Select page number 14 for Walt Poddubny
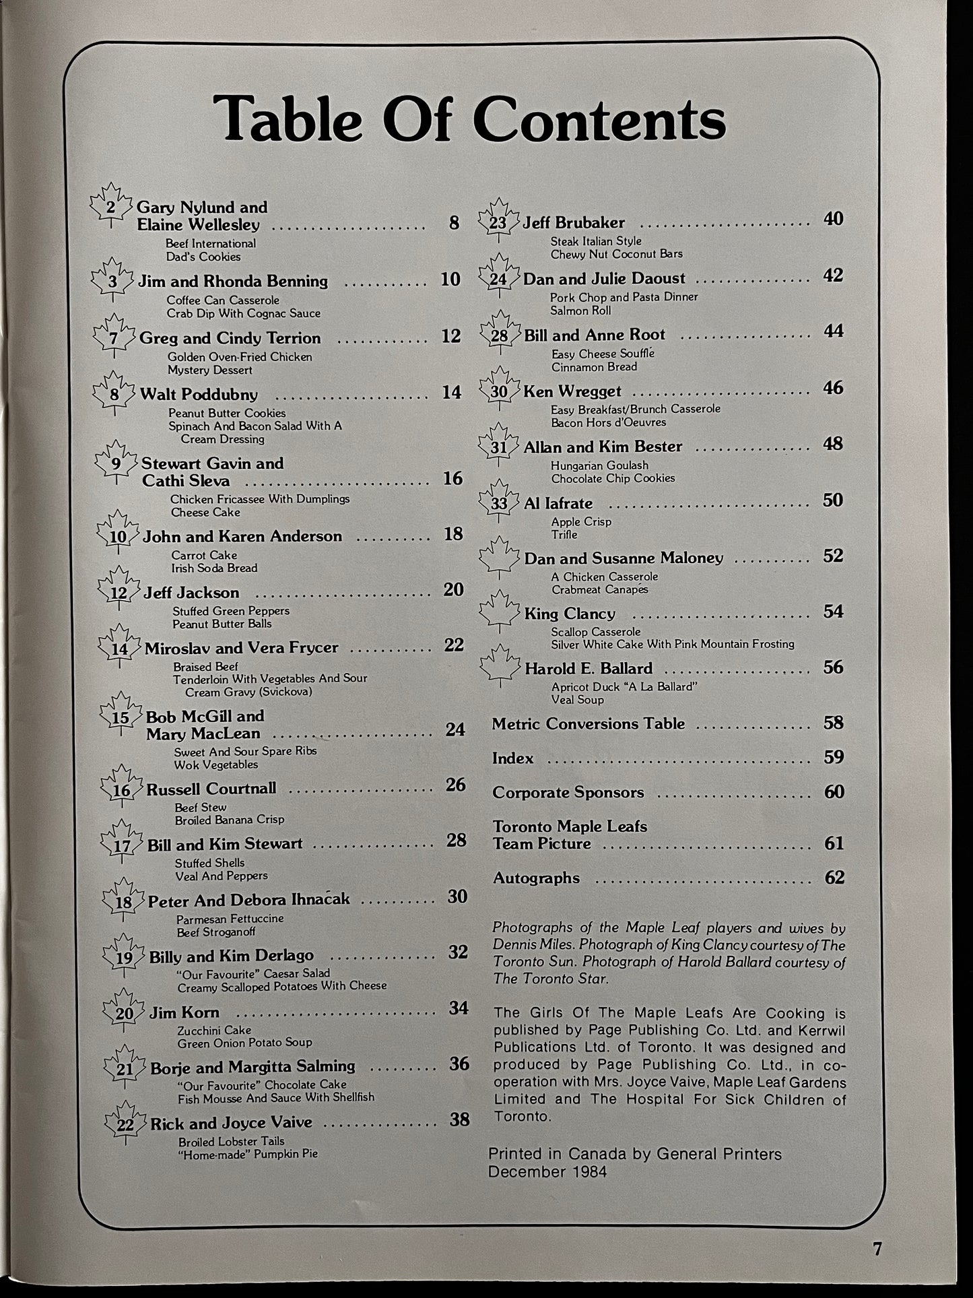click(451, 392)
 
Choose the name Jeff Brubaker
click(574, 222)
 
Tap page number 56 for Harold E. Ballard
click(833, 667)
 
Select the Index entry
click(512, 758)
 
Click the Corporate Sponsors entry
click(568, 793)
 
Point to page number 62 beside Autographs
click(834, 877)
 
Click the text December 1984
click(547, 1171)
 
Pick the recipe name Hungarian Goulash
click(599, 465)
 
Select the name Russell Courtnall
click(211, 789)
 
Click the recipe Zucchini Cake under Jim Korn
click(214, 1030)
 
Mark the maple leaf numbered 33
click(499, 502)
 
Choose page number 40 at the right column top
click(833, 219)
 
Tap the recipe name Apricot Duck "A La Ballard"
click(623, 686)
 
